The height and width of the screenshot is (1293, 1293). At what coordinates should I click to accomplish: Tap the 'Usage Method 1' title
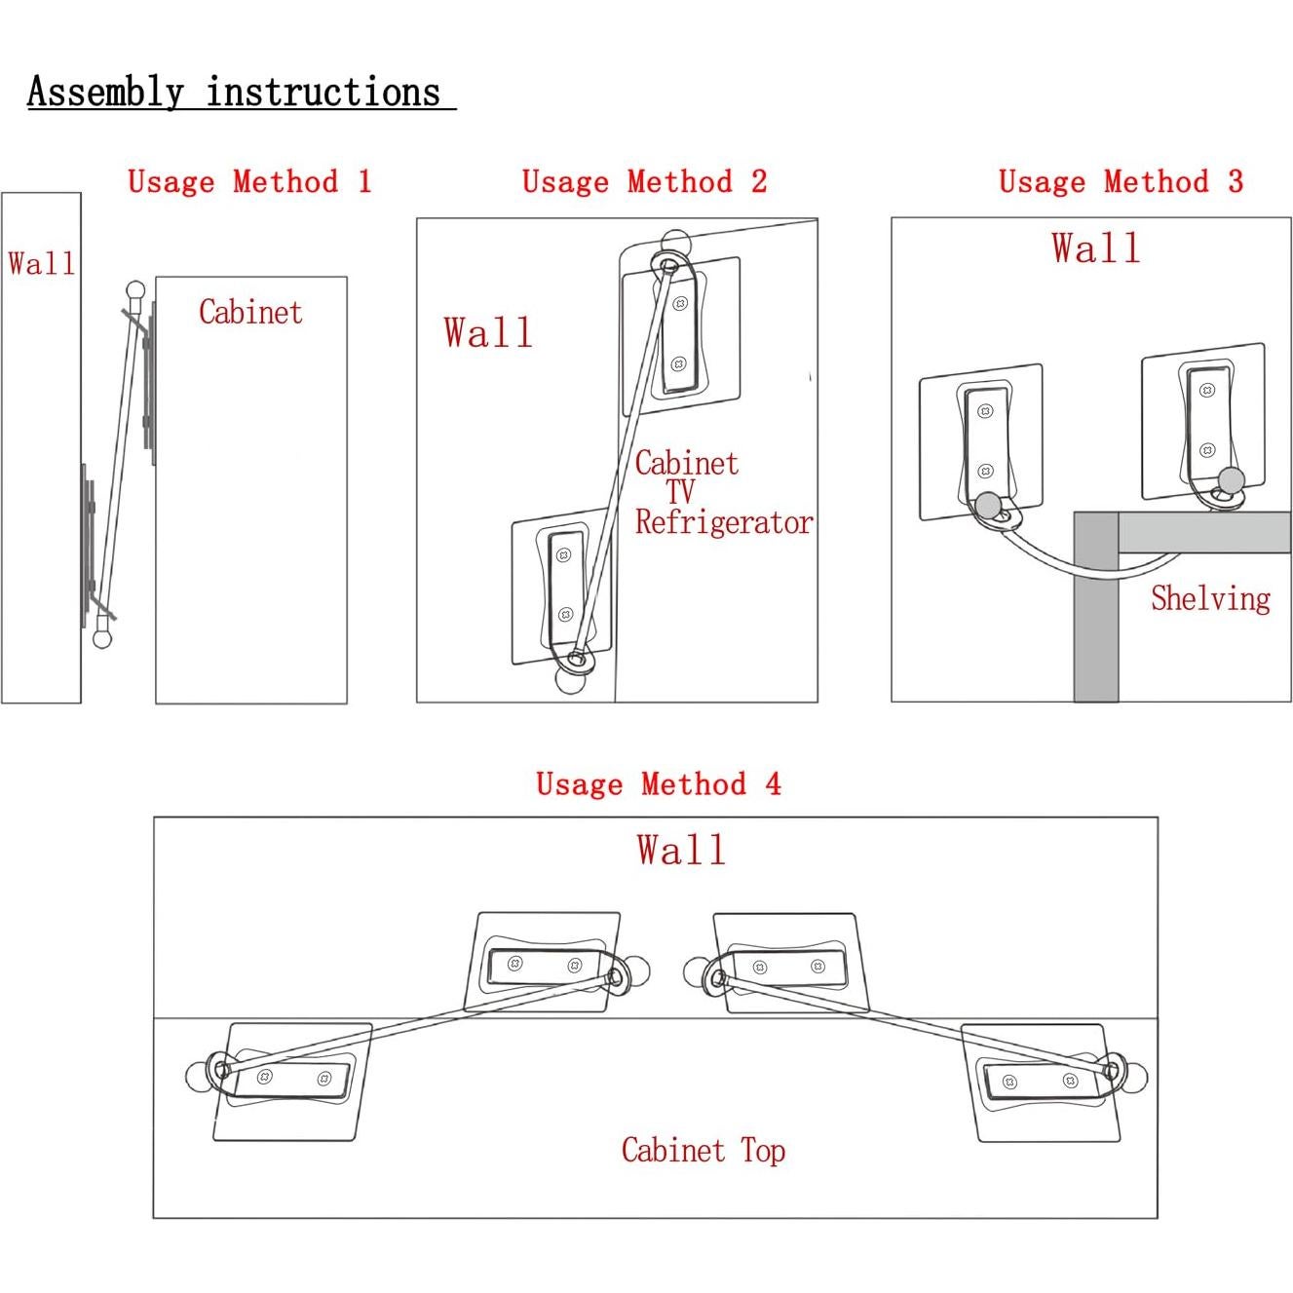249,182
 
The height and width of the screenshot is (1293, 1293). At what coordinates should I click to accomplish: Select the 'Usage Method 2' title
644,182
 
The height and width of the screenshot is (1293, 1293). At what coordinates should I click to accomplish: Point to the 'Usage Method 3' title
1121,182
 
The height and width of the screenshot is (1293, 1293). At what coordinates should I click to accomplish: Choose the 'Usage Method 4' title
659,784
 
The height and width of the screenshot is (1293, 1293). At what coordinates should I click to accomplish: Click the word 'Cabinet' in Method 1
250,313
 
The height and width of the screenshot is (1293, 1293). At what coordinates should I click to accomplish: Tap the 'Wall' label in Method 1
41,263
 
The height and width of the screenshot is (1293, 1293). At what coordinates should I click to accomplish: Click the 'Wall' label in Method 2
487,333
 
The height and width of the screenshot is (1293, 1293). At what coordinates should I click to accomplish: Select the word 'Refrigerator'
724,523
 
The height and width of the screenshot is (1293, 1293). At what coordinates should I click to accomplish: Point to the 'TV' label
680,493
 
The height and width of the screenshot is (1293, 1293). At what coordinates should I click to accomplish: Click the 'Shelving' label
1210,598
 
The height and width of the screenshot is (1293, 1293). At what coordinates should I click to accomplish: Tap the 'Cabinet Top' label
704,1151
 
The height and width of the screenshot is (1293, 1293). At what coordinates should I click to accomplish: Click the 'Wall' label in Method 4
681,851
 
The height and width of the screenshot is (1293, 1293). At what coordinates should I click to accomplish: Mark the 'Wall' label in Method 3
1095,248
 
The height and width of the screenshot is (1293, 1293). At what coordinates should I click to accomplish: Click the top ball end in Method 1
135,290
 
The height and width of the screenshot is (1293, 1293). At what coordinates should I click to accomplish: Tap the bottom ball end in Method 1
102,638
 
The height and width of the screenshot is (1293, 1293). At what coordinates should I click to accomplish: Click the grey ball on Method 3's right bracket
1232,479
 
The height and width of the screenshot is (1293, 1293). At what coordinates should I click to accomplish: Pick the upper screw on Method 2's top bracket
681,303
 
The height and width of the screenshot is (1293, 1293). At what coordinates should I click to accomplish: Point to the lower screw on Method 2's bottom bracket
565,615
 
